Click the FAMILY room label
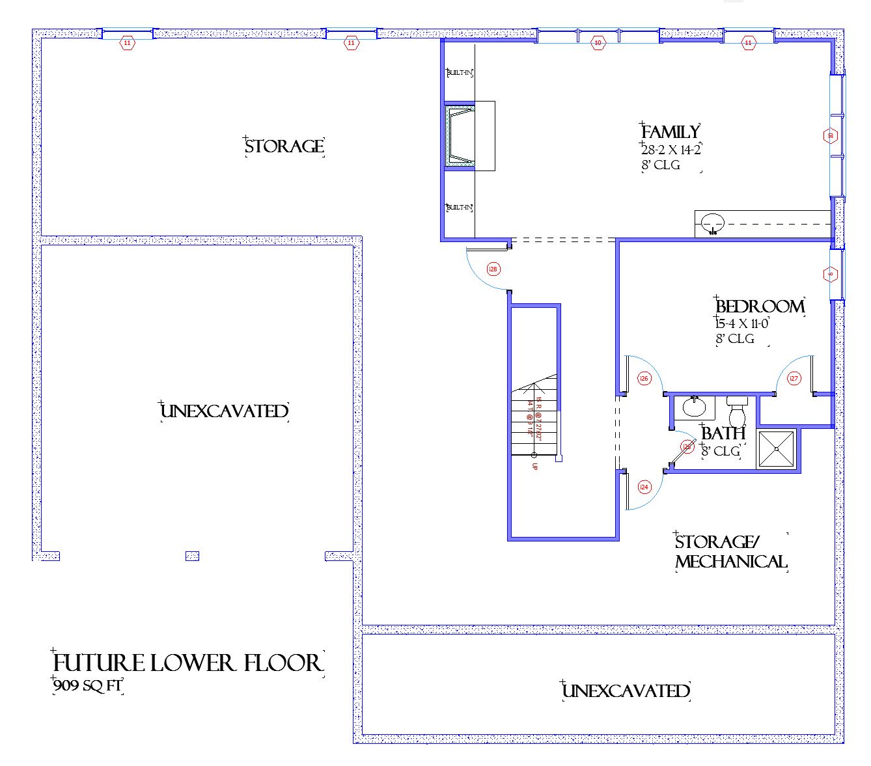point(670,131)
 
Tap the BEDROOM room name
point(760,306)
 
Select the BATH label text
point(723,433)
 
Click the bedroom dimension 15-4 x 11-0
point(741,323)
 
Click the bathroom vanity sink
point(694,407)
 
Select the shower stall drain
point(777,448)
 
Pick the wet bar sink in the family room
point(713,223)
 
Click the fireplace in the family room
point(460,136)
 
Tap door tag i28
point(493,268)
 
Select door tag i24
point(644,487)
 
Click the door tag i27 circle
point(794,378)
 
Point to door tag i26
point(644,378)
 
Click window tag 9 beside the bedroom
point(830,274)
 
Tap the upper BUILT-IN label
point(459,73)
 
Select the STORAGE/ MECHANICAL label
point(730,552)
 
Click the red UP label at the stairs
point(535,467)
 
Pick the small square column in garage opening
point(192,556)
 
